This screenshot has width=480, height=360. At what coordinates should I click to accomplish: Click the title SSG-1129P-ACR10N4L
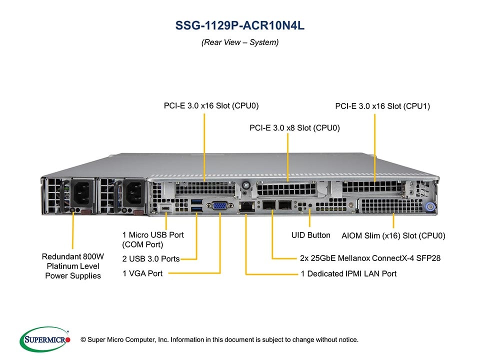coord(240,26)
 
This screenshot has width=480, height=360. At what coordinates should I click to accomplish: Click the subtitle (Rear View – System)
coord(240,42)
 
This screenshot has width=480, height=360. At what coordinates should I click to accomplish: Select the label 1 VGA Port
coord(142,273)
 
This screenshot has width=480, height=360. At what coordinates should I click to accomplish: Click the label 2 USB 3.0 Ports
coord(151,259)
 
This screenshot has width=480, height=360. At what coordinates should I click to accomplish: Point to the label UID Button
coord(310,235)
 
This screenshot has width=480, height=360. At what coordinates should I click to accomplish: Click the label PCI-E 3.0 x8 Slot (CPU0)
coord(294,128)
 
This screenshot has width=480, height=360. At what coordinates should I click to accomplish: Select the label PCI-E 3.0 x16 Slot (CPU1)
coord(382,106)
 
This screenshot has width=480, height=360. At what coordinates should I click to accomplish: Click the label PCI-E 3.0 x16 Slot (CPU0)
coord(211,105)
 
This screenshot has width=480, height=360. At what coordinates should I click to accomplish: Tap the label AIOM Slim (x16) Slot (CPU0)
coord(393,235)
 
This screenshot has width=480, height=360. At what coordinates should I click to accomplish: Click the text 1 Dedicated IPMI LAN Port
coord(348,273)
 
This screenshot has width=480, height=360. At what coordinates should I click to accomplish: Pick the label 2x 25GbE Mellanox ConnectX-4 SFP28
coord(370,258)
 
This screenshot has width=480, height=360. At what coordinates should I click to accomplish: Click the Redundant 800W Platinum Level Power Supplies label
coord(73,266)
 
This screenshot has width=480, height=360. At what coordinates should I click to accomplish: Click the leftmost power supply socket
coord(81,192)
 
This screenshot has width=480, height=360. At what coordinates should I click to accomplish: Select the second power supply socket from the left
coord(134,192)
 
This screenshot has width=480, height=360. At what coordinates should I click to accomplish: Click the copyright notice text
coord(223,340)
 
